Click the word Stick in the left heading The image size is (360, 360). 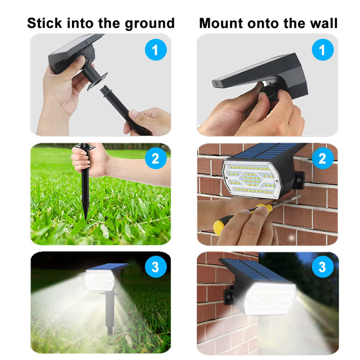[44, 23]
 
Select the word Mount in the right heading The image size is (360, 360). [221, 23]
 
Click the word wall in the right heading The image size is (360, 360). [324, 23]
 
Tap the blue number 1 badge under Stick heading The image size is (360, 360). [156, 50]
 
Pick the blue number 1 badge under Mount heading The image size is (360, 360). [322, 50]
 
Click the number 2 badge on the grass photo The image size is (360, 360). [156, 158]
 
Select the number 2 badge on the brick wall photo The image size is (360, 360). [322, 158]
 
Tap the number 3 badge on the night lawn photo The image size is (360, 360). [156, 267]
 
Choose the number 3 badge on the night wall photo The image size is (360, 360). [322, 267]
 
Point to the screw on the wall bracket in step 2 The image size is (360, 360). [299, 180]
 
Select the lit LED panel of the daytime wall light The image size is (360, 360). [252, 179]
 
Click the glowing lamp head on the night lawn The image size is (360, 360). [100, 280]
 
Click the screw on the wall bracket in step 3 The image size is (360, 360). [228, 297]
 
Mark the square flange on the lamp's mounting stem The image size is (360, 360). [97, 81]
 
